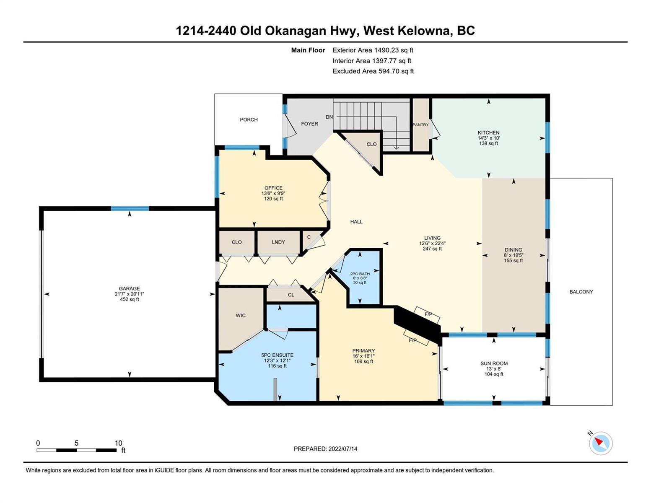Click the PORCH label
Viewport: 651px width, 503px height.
(x=249, y=119)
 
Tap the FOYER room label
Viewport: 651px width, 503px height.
(x=309, y=124)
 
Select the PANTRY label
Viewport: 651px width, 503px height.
(x=420, y=124)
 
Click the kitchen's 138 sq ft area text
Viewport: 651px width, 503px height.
(x=489, y=143)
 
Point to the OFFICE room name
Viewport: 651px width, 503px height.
(x=274, y=188)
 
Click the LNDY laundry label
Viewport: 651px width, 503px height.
(x=278, y=242)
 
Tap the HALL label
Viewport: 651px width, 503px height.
(x=356, y=222)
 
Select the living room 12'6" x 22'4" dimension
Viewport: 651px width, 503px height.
(x=432, y=244)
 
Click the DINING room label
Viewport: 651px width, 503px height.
(x=514, y=250)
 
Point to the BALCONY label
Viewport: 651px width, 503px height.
(x=581, y=292)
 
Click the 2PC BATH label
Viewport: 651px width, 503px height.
(x=360, y=274)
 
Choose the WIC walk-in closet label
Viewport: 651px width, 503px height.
(x=241, y=316)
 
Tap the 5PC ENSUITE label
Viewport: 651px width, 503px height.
(x=278, y=355)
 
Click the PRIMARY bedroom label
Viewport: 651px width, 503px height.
(x=364, y=350)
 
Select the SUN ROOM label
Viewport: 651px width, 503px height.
(x=494, y=363)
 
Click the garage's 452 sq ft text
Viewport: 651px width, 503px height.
(x=130, y=299)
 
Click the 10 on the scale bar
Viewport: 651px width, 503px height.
(x=118, y=443)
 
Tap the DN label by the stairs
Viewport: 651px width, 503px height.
(x=329, y=117)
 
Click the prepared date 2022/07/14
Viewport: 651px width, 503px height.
(x=343, y=449)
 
